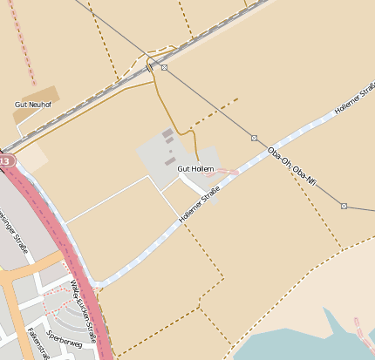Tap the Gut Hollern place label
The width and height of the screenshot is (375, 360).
195,168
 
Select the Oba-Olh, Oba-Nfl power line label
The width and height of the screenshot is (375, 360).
291,166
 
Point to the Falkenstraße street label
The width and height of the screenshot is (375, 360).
37,343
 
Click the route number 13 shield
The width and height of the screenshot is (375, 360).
4,161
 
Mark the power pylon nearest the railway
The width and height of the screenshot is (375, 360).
164,67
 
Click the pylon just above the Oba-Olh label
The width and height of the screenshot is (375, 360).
254,138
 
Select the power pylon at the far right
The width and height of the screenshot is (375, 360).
344,206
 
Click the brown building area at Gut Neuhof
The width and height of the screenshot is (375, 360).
39,95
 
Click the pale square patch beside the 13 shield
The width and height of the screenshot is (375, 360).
31,157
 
